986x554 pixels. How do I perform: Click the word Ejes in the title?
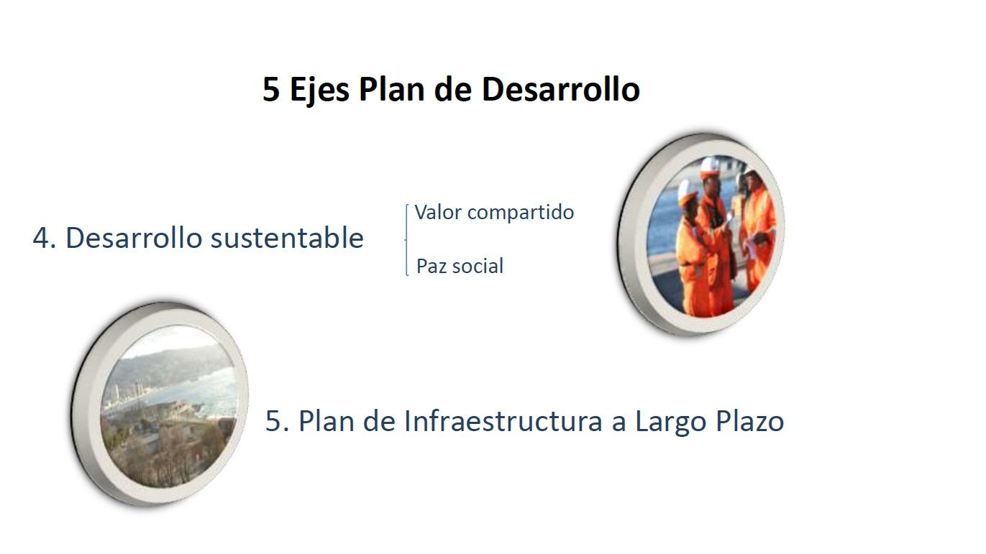pyautogui.click(x=319, y=91)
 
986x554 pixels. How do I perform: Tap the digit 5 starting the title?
pyautogui.click(x=270, y=89)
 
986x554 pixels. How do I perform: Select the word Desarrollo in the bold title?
pyautogui.click(x=561, y=89)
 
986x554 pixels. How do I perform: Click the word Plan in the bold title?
pyautogui.click(x=392, y=89)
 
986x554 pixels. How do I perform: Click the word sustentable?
pyautogui.click(x=287, y=238)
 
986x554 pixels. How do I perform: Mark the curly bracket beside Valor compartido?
pyautogui.click(x=406, y=239)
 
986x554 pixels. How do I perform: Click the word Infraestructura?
pyautogui.click(x=503, y=421)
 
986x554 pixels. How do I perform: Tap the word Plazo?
pyautogui.click(x=750, y=421)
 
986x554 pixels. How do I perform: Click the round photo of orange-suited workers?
pyautogui.click(x=702, y=235)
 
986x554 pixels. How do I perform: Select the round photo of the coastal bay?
pyautogui.click(x=160, y=405)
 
